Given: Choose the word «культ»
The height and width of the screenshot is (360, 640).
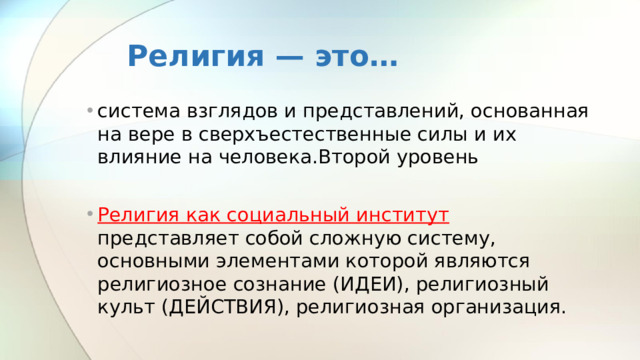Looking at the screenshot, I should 124,307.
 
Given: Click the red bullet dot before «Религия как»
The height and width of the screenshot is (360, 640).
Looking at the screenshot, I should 89,215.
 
